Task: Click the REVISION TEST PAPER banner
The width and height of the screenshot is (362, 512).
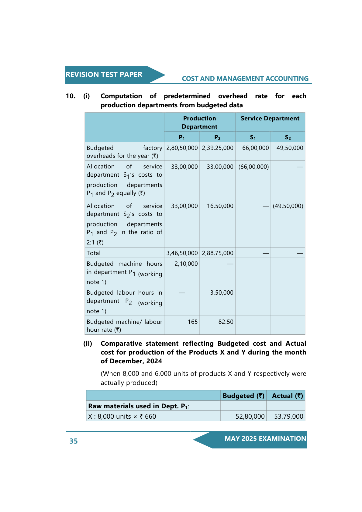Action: click(104, 75)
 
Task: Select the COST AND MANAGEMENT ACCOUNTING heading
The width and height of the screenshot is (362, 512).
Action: click(245, 79)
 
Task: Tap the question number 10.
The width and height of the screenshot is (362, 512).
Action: click(71, 96)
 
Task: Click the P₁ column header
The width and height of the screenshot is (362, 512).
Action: click(182, 137)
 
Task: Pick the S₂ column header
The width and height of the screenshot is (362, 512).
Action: click(288, 137)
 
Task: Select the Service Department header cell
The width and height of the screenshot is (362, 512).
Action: click(270, 119)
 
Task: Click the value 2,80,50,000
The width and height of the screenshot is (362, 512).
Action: click(182, 148)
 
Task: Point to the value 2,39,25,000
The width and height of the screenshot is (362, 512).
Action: click(218, 148)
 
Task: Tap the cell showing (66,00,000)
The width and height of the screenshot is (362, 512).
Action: click(253, 167)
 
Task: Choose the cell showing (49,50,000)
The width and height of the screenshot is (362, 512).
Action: click(288, 206)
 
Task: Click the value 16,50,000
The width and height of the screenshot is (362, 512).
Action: click(220, 206)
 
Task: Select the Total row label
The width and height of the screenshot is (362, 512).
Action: click(94, 253)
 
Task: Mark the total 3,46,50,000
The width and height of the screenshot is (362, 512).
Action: click(182, 253)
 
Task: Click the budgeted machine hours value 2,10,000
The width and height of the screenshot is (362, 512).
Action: click(186, 264)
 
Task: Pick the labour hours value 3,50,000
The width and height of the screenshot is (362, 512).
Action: click(222, 293)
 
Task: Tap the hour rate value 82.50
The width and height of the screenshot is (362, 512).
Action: click(226, 322)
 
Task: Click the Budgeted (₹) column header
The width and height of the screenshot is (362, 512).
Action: click(243, 396)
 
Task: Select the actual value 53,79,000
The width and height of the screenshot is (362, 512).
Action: click(288, 417)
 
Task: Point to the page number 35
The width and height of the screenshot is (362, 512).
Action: click(74, 441)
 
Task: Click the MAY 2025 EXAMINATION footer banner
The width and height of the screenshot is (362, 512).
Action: click(265, 439)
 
